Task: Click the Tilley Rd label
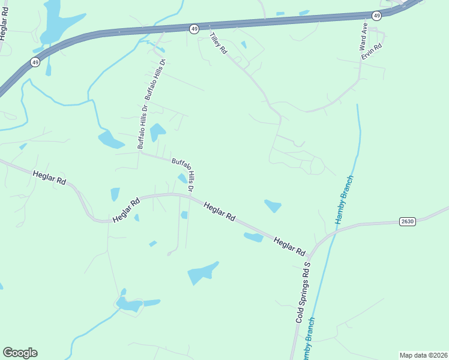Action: point(218,44)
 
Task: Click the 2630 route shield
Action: point(407,221)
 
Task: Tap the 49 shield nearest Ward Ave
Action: point(376,15)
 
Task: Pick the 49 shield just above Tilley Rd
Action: point(194,28)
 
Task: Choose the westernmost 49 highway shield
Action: point(35,62)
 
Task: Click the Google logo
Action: point(20,353)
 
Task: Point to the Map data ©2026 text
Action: point(423,355)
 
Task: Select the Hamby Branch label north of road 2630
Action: point(345,200)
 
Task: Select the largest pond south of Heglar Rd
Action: point(203,272)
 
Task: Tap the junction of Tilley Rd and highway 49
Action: point(208,27)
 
